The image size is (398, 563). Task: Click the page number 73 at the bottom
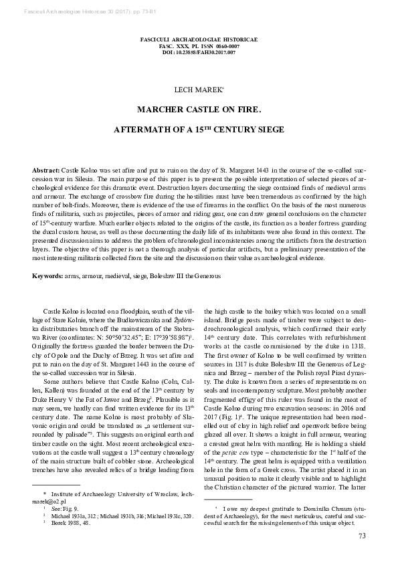coord(362,535)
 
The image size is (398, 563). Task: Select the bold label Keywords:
coord(51,276)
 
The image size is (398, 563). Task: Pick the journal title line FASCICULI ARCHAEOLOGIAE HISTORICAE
coord(199,39)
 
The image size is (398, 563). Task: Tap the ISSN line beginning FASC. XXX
coord(199,46)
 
